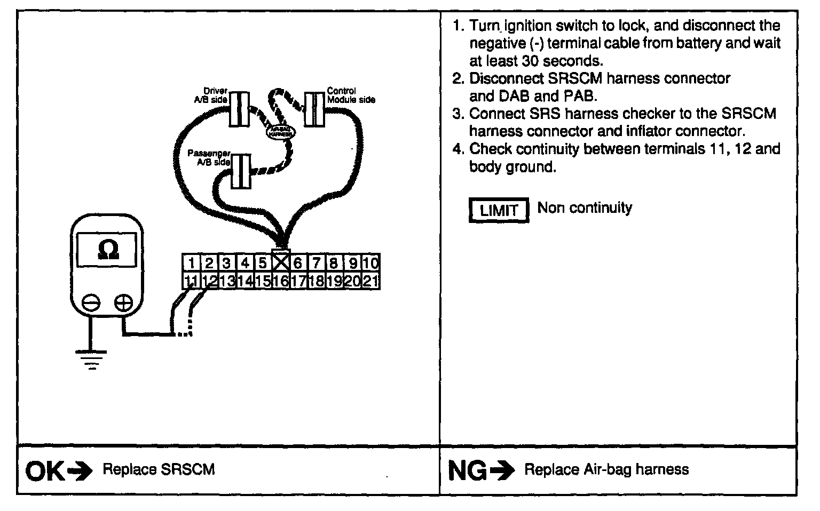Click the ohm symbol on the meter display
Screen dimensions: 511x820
pyautogui.click(x=109, y=250)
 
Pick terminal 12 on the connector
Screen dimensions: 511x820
pyautogui.click(x=209, y=281)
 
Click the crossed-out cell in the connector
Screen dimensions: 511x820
pyautogui.click(x=281, y=262)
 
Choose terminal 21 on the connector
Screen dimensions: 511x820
pyautogui.click(x=370, y=281)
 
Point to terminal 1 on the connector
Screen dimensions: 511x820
pyautogui.click(x=191, y=263)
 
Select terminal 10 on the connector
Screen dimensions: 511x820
pyautogui.click(x=370, y=263)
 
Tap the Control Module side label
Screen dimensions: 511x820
pyautogui.click(x=350, y=95)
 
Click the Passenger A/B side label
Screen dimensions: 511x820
pyautogui.click(x=209, y=157)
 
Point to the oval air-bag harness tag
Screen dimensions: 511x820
pyautogui.click(x=280, y=131)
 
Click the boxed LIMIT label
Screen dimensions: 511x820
pyautogui.click(x=499, y=210)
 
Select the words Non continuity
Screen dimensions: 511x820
pyautogui.click(x=585, y=207)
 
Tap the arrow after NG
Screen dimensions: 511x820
pyautogui.click(x=502, y=471)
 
